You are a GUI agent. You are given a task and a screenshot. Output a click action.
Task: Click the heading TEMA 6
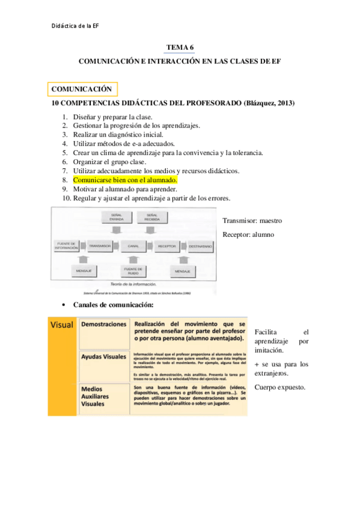click(179, 48)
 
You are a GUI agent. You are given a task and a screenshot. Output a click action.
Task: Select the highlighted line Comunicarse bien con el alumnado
click(125, 180)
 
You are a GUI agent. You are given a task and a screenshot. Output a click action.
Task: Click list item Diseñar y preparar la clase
click(112, 117)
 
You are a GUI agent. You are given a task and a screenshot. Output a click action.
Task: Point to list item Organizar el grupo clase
click(109, 162)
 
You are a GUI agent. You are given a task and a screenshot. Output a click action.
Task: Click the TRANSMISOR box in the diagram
click(100, 247)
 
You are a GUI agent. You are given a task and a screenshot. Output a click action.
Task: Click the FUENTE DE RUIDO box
click(132, 271)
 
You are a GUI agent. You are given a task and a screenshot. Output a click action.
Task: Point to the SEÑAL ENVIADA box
click(117, 217)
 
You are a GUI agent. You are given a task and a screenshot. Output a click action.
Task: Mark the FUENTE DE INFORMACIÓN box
click(66, 247)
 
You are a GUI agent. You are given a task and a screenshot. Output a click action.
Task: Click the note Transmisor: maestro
click(252, 221)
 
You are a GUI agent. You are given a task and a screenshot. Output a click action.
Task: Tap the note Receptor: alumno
click(248, 235)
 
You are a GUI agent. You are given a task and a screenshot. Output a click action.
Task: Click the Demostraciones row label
click(103, 324)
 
